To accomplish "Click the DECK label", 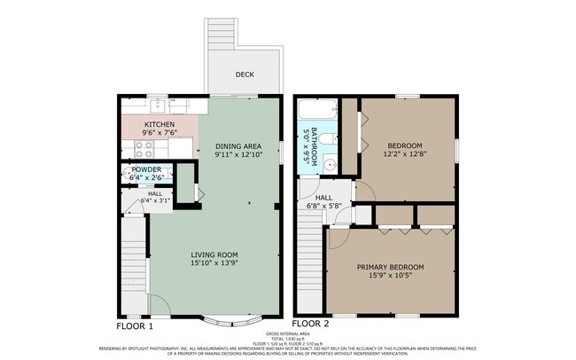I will (x=245, y=74).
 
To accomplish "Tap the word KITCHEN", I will (x=160, y=124).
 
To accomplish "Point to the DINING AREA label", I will (x=238, y=145).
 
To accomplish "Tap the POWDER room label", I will (x=147, y=169).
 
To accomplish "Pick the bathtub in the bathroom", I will (x=315, y=111).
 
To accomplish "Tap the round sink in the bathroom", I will (x=329, y=162).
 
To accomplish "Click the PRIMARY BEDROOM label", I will (x=390, y=267).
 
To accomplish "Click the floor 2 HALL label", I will (x=324, y=198).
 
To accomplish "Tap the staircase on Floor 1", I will (x=133, y=266).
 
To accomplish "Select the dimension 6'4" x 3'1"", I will (x=155, y=201).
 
